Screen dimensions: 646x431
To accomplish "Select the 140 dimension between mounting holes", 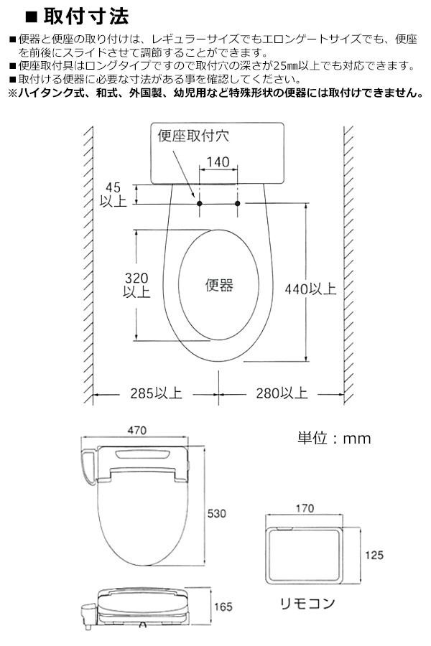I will (218, 162).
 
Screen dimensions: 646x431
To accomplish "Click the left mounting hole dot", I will (198, 204).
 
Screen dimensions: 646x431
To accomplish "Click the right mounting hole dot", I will (237, 204).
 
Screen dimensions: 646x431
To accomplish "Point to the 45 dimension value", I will (109, 188).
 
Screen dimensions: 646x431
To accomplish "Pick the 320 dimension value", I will (136, 278).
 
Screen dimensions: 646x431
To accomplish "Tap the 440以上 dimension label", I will (310, 289).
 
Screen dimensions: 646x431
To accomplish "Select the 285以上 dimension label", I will (156, 393).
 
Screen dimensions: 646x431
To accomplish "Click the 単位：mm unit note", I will (334, 438).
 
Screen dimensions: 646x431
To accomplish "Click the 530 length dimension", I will (216, 514).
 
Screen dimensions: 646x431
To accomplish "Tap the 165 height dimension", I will (223, 607).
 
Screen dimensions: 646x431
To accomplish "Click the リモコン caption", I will (307, 603).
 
